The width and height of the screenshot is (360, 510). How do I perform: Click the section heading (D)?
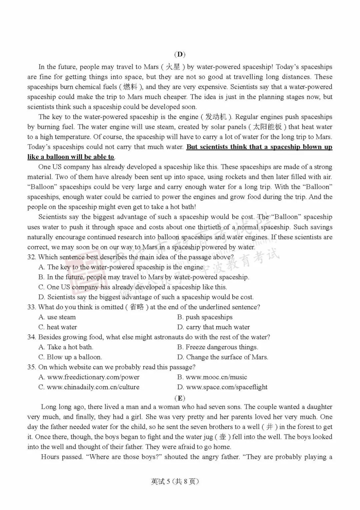coord(180,54)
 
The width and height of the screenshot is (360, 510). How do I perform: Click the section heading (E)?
coord(180,398)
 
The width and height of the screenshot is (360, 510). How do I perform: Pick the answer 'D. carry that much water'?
coord(214,327)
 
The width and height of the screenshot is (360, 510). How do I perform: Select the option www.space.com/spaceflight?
coord(223,387)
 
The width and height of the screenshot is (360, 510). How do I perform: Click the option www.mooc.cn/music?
coord(212,377)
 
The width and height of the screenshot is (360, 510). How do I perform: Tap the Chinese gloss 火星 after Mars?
coord(173,67)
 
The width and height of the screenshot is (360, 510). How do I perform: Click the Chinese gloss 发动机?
coord(216,117)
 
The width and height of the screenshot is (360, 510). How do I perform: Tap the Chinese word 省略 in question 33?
coord(137,307)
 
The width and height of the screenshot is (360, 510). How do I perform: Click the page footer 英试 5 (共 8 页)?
coord(175,481)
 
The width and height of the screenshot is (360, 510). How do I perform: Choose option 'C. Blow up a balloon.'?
coord(70,357)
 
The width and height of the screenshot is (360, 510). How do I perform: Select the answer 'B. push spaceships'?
coord(205,317)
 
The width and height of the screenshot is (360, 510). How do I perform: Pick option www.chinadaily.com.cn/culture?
coord(89,387)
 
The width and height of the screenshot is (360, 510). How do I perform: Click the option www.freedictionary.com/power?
coord(89,377)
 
